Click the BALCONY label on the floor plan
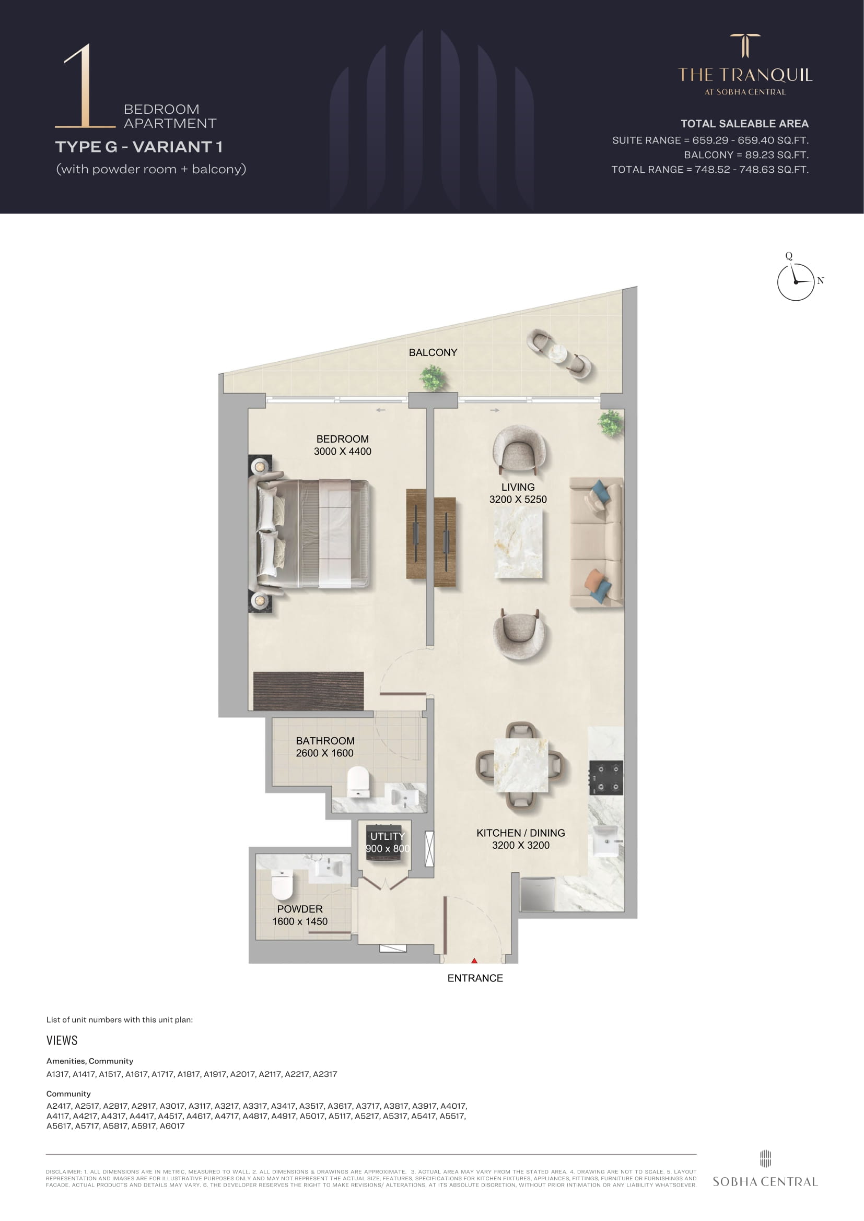433,352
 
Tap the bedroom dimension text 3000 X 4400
343,452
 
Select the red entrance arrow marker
474,961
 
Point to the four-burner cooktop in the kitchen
606,777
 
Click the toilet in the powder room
282,884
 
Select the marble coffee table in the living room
518,542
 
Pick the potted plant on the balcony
433,378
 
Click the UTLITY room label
387,836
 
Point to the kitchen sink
605,841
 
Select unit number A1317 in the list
57,1074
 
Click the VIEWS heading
62,1041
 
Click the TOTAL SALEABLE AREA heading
744,124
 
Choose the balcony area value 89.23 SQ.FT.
776,155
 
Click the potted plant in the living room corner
610,423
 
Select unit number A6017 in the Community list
172,1126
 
